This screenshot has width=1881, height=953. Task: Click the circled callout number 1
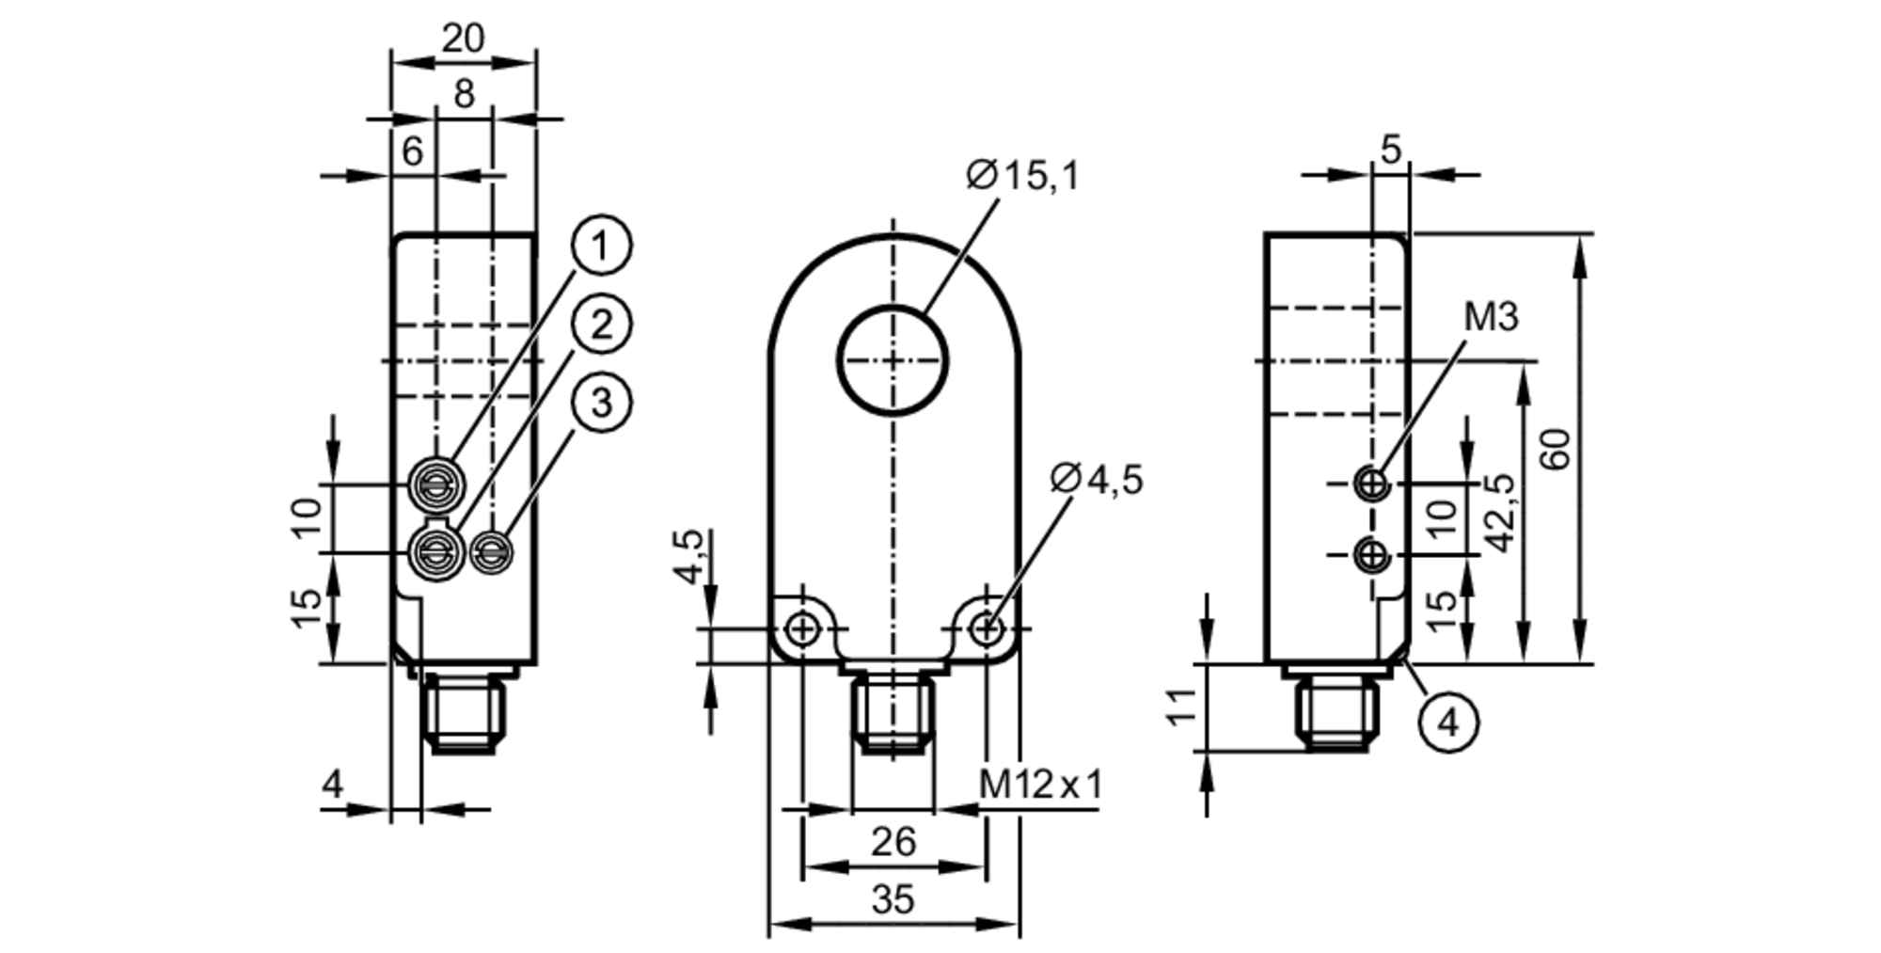(x=601, y=246)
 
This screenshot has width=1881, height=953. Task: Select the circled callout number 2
(x=601, y=325)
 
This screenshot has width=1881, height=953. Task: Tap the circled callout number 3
(x=601, y=403)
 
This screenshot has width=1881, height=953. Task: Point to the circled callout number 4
(x=1449, y=723)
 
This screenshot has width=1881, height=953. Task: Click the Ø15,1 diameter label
(x=1022, y=176)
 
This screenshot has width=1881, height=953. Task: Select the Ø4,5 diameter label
(x=1097, y=480)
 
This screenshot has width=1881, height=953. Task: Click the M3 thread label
(x=1492, y=318)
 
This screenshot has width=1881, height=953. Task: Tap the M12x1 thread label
(x=1039, y=784)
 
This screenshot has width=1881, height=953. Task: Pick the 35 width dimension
(x=893, y=900)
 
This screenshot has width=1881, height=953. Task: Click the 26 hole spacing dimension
(x=893, y=842)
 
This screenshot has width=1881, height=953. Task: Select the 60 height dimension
(x=1557, y=449)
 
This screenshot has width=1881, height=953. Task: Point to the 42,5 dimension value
(x=1502, y=513)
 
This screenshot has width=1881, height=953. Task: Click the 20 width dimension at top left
(x=463, y=39)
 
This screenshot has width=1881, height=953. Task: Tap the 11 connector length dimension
(x=1183, y=706)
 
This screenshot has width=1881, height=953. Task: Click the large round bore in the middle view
(x=893, y=360)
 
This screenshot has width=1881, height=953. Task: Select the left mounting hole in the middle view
(x=802, y=628)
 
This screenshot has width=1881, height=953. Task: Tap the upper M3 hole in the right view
(x=1372, y=484)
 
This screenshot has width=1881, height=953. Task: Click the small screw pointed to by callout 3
(x=492, y=552)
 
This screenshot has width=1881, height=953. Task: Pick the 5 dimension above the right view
(x=1391, y=149)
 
